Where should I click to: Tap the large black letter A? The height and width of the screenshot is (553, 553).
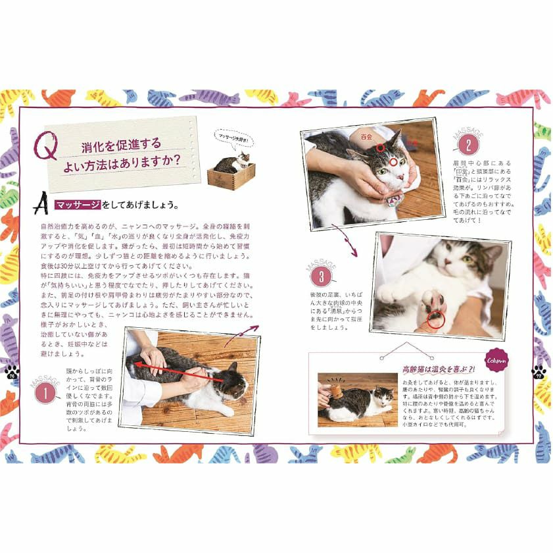[x=41, y=204]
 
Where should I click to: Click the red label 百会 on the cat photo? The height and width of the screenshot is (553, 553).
[x=363, y=137]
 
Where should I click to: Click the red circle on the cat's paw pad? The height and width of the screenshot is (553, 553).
[x=435, y=320]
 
